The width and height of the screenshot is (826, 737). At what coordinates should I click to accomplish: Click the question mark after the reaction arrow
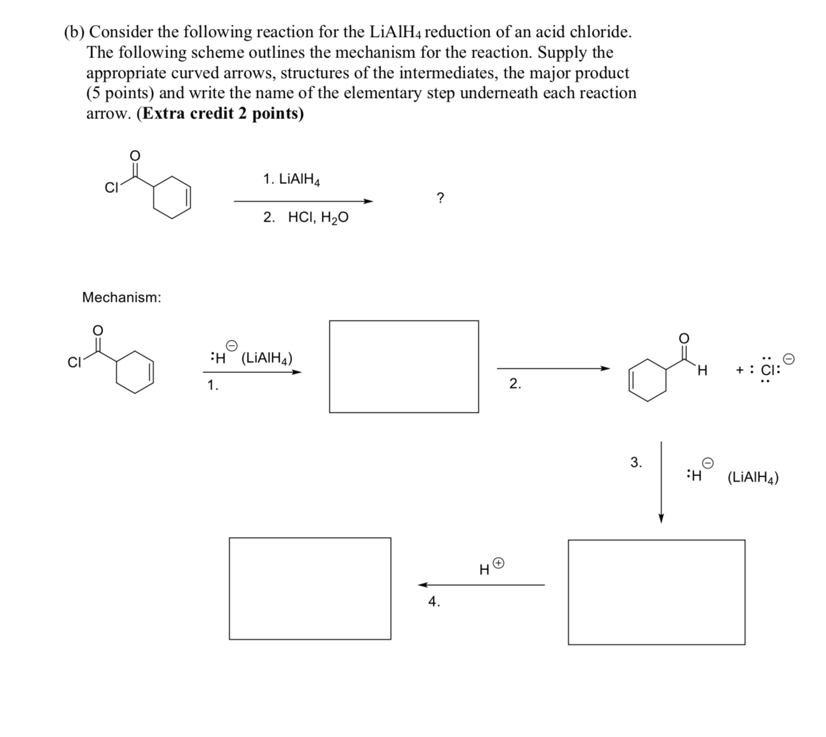coord(439,198)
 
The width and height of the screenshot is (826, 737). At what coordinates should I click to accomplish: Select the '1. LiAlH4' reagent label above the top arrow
coord(291,180)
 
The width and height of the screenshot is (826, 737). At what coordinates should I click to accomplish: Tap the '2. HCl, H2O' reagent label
coord(305,218)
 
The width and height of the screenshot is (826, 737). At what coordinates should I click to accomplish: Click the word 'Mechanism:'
coord(121,297)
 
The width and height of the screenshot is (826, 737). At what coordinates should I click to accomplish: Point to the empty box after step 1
coord(403,366)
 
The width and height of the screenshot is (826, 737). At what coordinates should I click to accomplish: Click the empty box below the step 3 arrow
coord(656,592)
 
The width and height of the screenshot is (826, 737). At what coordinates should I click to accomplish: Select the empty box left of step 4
coord(310,588)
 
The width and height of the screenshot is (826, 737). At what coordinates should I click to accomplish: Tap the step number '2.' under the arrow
coord(515,384)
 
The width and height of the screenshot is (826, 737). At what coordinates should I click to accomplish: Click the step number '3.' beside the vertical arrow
coord(636,462)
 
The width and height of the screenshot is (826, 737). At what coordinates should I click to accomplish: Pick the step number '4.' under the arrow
coord(434,602)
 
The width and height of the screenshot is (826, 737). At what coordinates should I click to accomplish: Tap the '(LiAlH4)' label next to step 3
coord(753,477)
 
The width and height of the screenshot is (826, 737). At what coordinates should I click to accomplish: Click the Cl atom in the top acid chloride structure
coord(111,189)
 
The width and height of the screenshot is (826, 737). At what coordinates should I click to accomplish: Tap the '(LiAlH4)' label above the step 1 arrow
coord(267,359)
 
